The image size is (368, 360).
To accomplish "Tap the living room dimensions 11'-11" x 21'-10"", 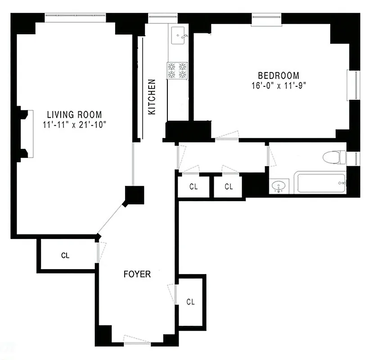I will point(75,125).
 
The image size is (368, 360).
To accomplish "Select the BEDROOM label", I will point(278,76).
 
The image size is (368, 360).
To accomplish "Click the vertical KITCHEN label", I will point(152,97).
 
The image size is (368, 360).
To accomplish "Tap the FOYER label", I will point(137,274).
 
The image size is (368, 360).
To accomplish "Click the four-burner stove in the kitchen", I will point(177,71).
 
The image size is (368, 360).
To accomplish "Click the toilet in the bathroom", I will point(334,157).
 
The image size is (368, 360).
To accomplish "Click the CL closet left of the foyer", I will point(66,255).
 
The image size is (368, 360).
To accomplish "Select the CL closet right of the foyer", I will point(190,301).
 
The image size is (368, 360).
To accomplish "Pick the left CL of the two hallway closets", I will point(193,186).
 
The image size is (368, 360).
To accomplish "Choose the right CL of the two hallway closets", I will point(229,186).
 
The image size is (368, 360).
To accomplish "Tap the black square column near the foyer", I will point(134,195).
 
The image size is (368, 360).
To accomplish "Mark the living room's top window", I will point(75,18).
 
